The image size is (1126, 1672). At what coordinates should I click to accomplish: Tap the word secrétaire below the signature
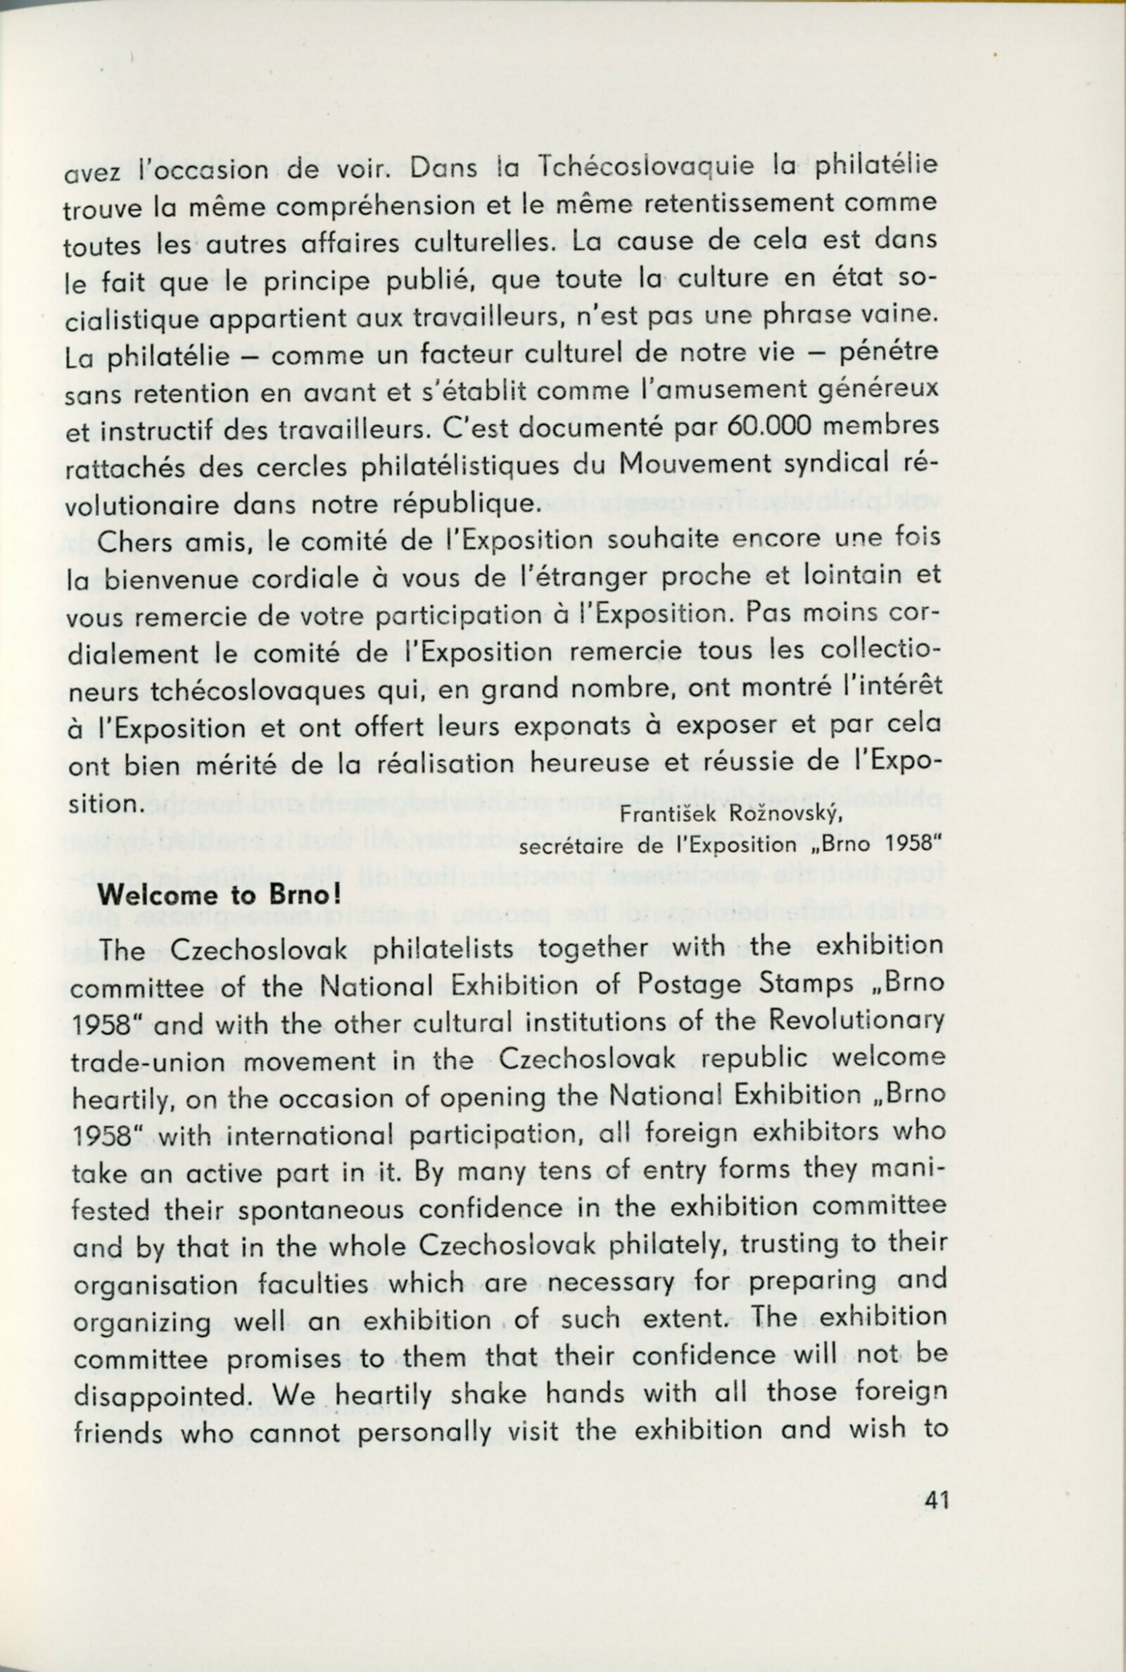tap(572, 847)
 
